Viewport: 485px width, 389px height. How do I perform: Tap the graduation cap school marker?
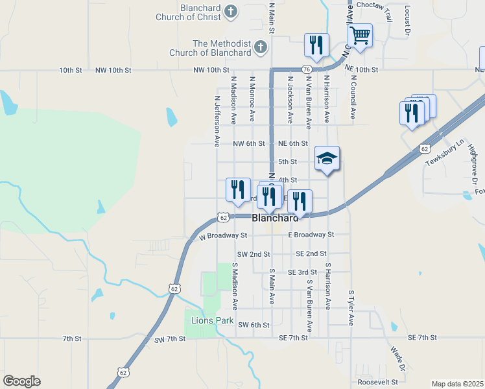(x=327, y=158)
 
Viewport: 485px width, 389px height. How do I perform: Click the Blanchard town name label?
(x=275, y=219)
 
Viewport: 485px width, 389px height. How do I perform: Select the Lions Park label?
(x=207, y=320)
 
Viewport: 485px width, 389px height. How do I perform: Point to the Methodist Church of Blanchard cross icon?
(x=260, y=47)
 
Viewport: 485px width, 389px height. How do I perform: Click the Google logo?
(x=22, y=381)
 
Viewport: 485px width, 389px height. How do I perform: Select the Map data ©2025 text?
(x=457, y=384)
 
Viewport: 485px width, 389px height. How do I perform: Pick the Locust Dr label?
(x=408, y=20)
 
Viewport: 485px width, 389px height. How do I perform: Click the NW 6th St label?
(x=250, y=143)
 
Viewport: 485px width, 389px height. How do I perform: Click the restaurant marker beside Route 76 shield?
(x=316, y=45)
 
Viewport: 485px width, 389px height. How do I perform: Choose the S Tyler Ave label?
(x=351, y=308)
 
